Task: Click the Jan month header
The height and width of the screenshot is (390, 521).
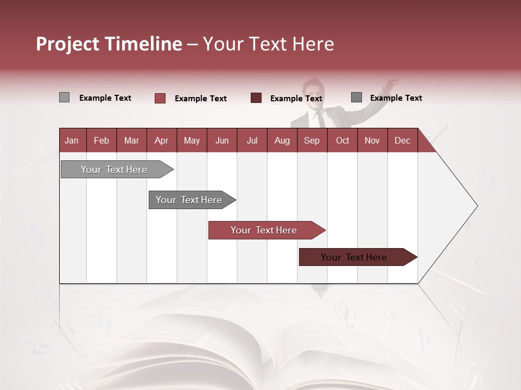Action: pos(72,140)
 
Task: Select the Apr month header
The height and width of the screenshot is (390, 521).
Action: pos(161,140)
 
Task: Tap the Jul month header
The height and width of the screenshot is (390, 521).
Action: pos(252,140)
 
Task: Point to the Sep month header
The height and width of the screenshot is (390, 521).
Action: pos(312,140)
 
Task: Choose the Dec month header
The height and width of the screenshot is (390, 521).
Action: pos(402,140)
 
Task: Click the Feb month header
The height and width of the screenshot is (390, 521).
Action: pos(101,140)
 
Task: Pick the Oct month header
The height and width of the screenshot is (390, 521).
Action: pos(342,140)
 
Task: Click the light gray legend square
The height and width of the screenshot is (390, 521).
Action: pos(64,97)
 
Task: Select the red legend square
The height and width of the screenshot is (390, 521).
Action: pos(160,98)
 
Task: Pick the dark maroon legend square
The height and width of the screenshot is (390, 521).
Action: pos(256,97)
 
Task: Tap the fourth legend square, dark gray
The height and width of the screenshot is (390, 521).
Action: pos(356,97)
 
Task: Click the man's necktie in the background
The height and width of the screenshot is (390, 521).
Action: pos(321,119)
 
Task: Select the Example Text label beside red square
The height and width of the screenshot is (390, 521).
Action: pos(200,99)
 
